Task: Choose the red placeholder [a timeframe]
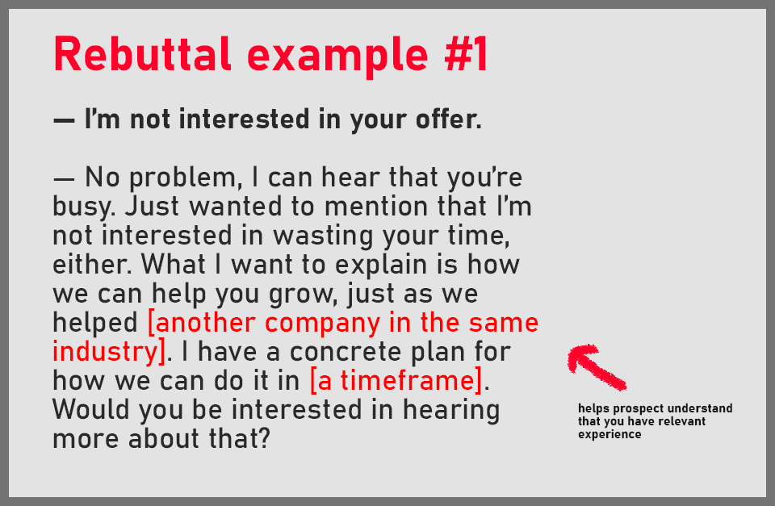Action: [396, 381]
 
